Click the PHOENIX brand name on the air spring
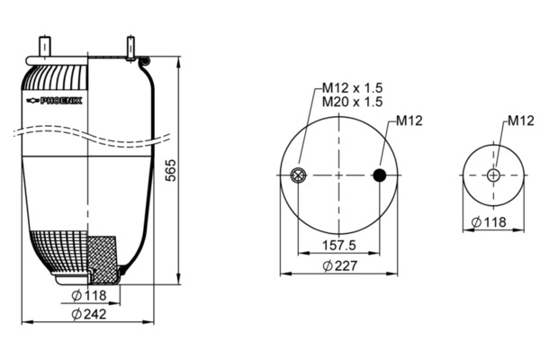61,101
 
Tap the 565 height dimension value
170,170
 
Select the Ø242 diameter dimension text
89,314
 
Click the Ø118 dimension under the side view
89,295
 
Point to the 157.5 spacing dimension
339,246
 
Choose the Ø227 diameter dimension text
340,265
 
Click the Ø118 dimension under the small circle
489,222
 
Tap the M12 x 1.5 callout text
352,88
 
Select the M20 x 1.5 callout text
352,102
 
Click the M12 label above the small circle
521,121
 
